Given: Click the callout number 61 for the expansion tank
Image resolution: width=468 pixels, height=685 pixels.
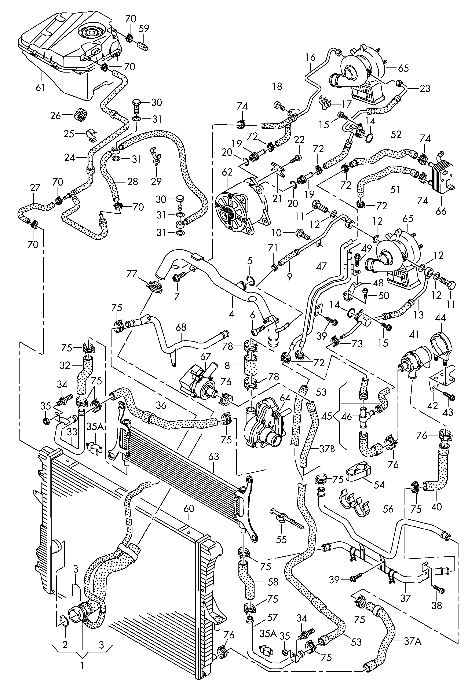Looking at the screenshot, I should pos(40,87).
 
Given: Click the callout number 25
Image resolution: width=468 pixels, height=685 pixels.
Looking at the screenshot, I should pos(69,135).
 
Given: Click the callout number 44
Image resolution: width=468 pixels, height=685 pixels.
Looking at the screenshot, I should pos(440,318).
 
